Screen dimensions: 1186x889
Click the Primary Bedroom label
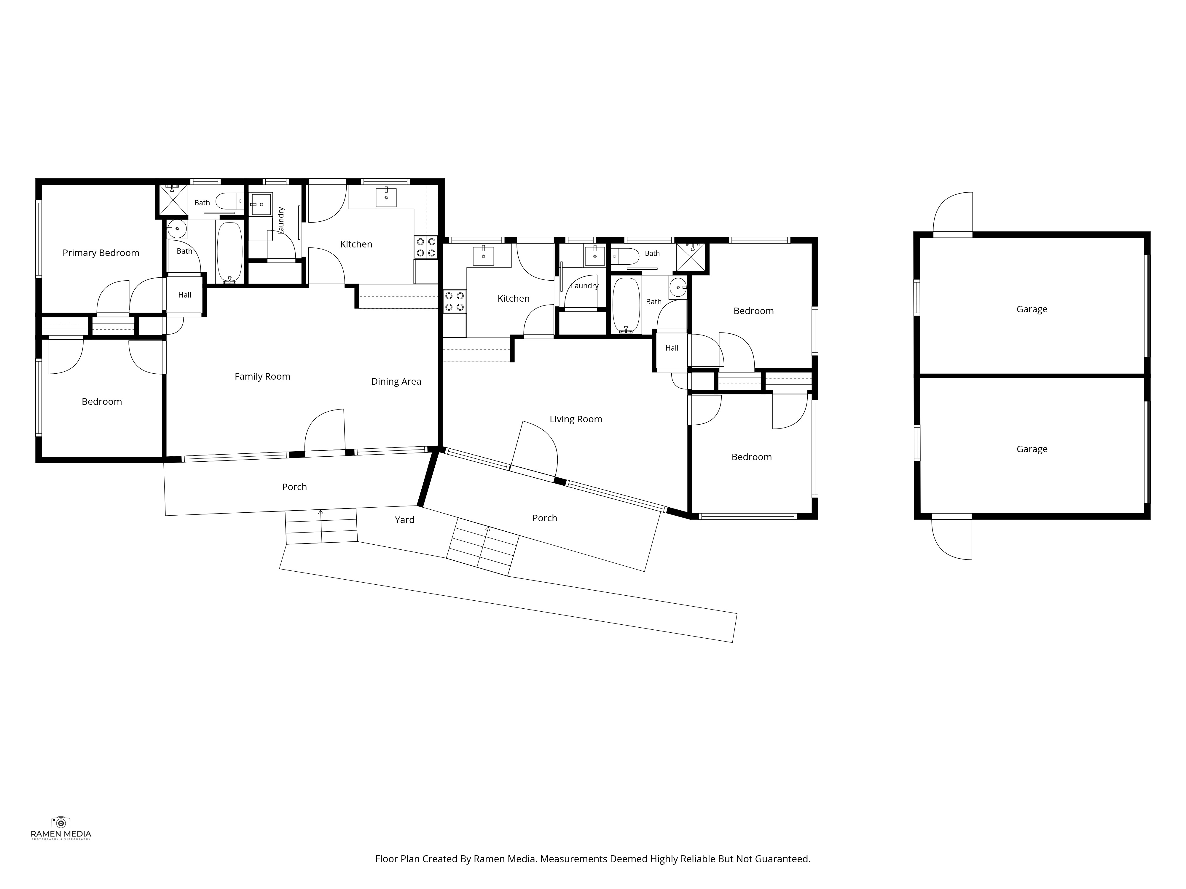(x=101, y=253)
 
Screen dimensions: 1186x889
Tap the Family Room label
(x=262, y=377)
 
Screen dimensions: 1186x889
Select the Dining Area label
(x=396, y=382)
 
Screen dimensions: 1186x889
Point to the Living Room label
(x=576, y=419)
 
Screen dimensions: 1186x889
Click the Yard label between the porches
(x=405, y=520)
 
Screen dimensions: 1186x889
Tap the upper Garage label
(x=1032, y=309)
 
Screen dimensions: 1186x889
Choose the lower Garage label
(x=1032, y=449)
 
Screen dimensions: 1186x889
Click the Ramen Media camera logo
(x=60, y=822)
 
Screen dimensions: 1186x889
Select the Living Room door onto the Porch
(x=534, y=449)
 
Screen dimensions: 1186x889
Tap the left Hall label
(x=184, y=295)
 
